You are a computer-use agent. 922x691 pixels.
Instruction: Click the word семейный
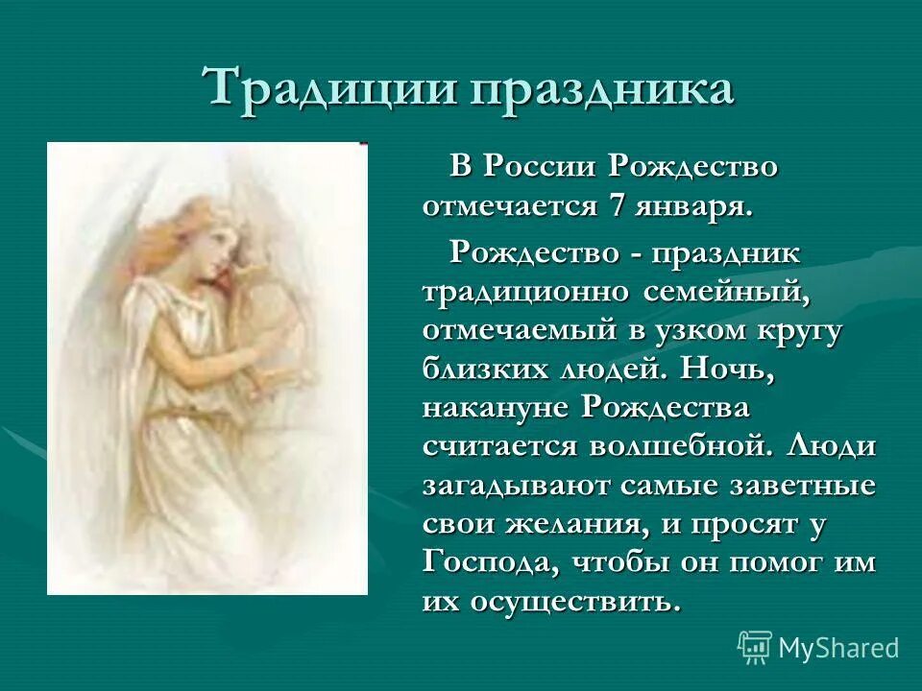tap(727, 291)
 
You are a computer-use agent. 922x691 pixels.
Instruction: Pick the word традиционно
tap(526, 291)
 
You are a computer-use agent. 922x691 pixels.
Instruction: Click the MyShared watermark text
tap(838, 648)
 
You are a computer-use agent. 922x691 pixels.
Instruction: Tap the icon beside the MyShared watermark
tap(755, 647)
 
